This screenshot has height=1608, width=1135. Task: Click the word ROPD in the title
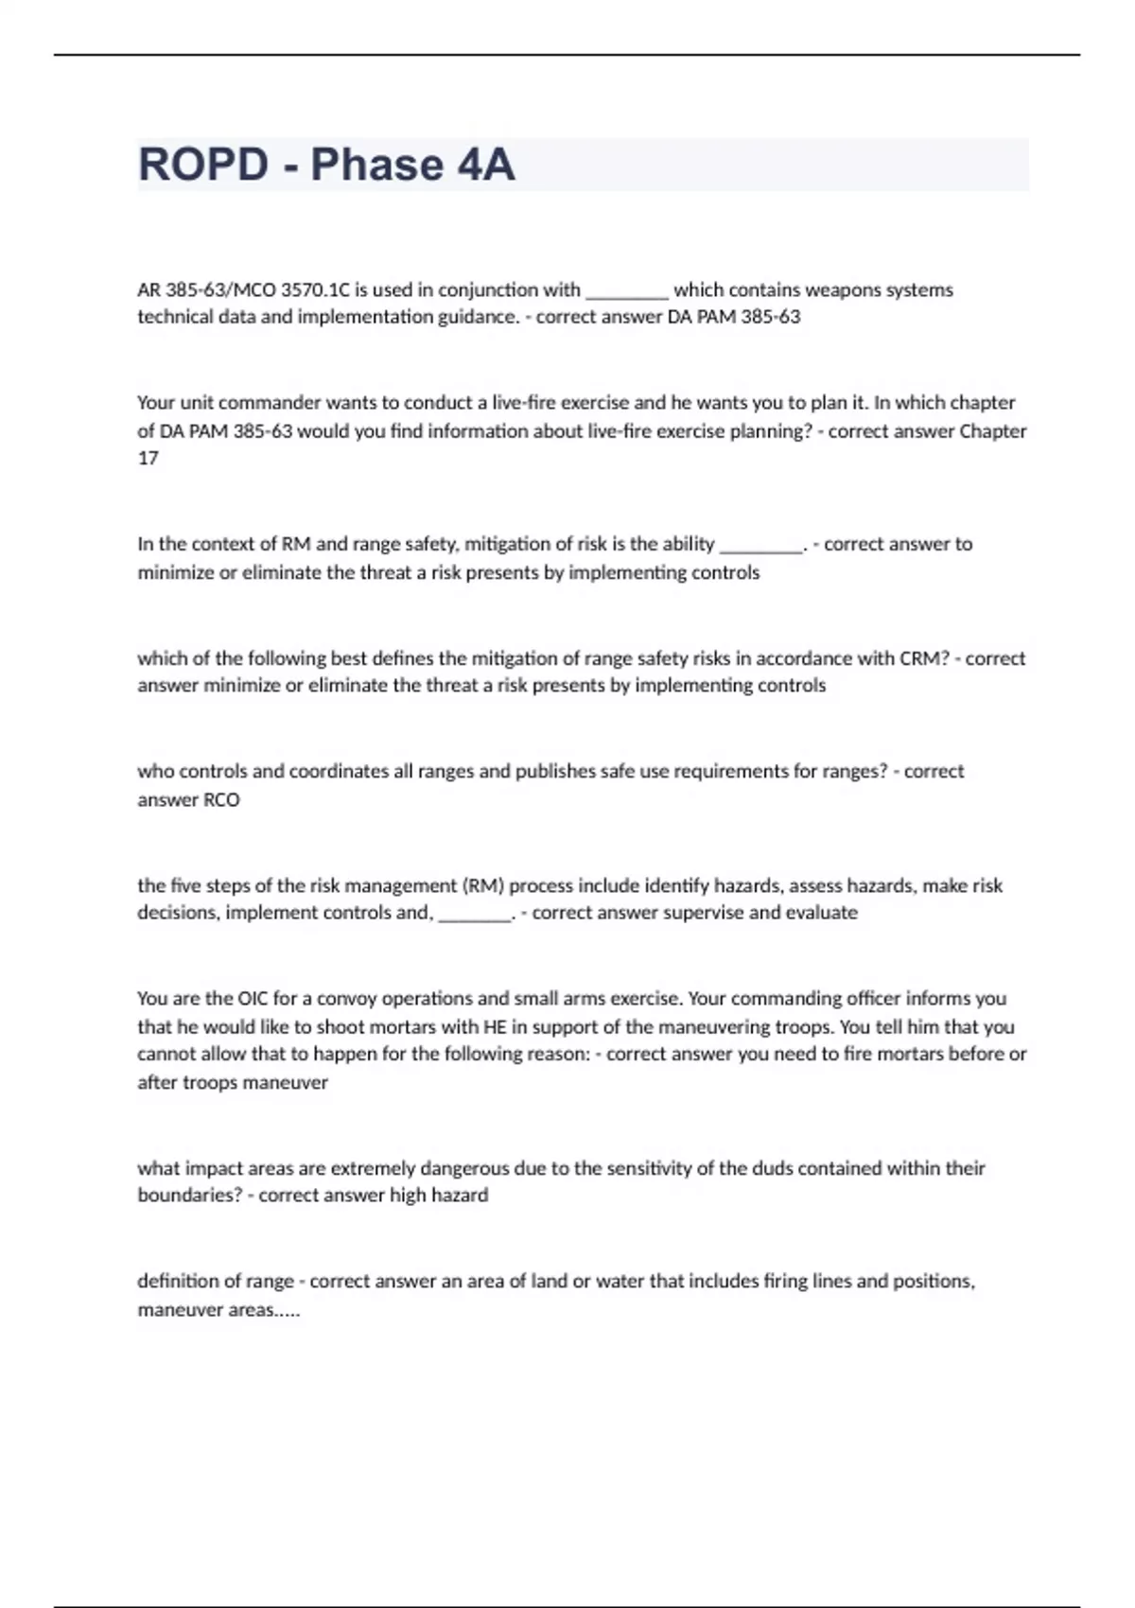203,165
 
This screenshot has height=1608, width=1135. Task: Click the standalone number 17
148,458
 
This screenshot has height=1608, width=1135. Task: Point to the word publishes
555,771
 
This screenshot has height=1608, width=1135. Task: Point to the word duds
773,1168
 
